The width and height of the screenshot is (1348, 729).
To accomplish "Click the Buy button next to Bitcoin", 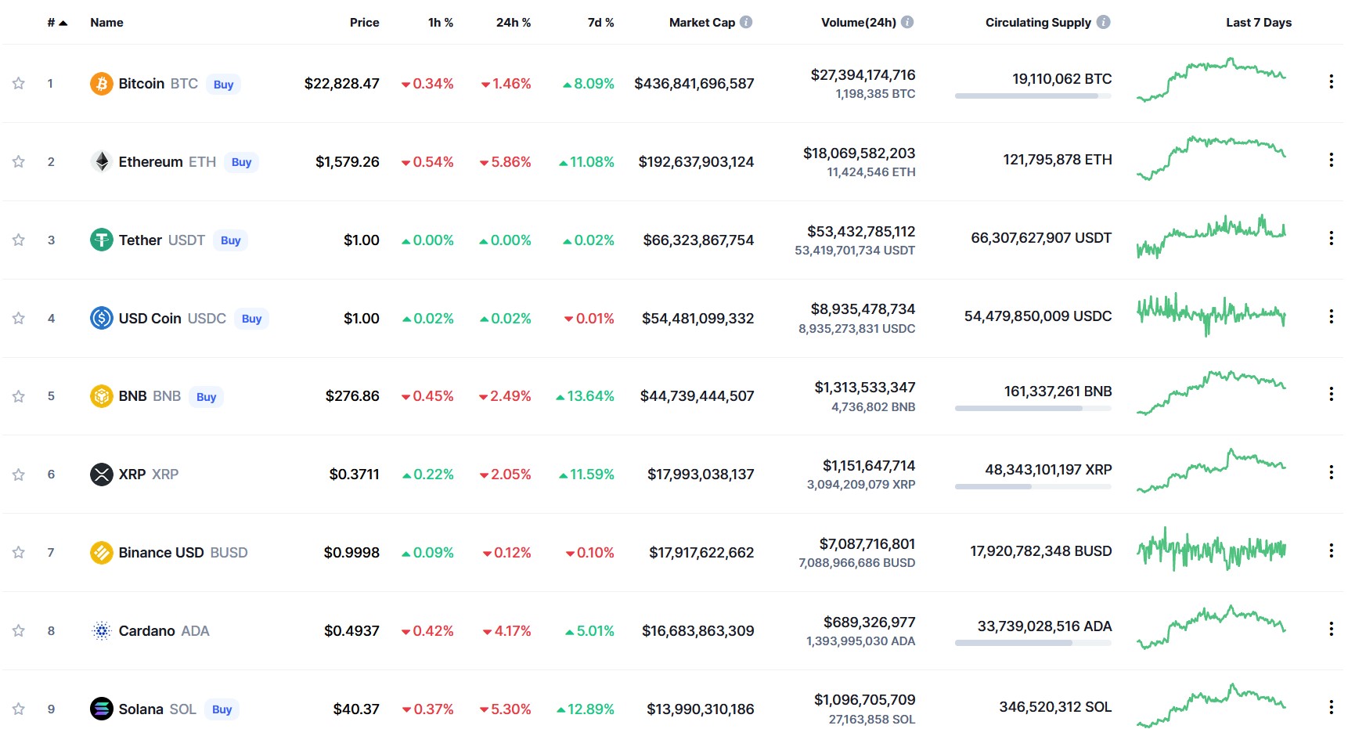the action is (x=223, y=85).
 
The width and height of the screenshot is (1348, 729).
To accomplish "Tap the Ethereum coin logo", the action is (x=102, y=161).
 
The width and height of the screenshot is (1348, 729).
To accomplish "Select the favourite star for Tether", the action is (x=19, y=240).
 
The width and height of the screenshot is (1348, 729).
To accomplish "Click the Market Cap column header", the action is (x=702, y=23).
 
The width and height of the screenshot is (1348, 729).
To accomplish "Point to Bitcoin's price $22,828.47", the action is (x=342, y=84).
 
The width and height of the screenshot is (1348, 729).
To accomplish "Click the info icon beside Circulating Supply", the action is (x=1104, y=22).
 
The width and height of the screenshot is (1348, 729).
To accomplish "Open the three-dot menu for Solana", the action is (x=1331, y=707).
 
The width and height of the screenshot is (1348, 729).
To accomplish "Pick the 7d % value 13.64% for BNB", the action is (x=585, y=396).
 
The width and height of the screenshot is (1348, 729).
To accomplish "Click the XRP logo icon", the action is (x=102, y=475).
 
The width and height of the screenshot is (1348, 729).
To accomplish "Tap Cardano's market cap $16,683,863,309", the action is (x=698, y=631).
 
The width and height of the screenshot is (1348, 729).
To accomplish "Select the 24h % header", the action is (x=514, y=23).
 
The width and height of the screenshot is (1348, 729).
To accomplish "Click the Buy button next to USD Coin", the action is (x=251, y=319).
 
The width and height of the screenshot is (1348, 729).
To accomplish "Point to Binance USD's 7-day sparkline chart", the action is (x=1211, y=549).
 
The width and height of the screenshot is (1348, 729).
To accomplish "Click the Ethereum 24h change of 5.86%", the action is (x=506, y=162).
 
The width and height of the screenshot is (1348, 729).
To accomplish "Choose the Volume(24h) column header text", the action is (x=859, y=23).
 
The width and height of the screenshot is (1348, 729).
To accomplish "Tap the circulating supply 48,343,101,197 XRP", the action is (x=1048, y=470).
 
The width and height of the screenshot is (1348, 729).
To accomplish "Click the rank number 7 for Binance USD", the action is (x=51, y=553).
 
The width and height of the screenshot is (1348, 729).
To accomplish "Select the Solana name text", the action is (x=141, y=709).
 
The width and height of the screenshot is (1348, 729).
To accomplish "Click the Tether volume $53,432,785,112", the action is (x=861, y=232).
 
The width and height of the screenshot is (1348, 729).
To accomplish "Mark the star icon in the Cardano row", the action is (x=19, y=630).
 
